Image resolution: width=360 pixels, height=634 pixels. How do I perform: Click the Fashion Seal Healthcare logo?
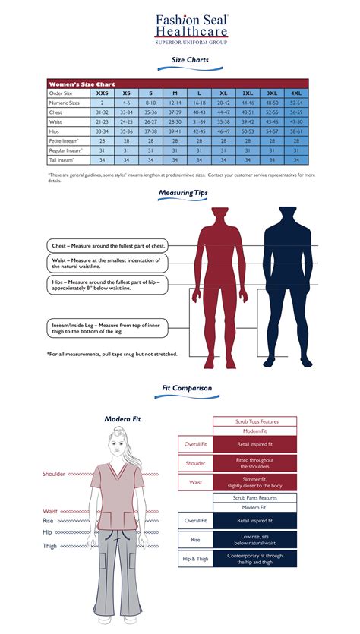click(x=191, y=29)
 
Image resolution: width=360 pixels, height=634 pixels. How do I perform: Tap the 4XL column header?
click(x=295, y=93)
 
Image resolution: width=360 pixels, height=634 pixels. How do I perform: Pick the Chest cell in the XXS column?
click(x=102, y=111)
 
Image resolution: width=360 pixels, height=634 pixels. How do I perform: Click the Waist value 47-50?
click(x=295, y=121)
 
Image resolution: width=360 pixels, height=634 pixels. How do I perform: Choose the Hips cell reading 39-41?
click(x=175, y=131)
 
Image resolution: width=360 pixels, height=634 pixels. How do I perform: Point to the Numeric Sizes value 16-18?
click(x=199, y=102)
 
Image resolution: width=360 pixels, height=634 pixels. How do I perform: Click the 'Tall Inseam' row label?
click(x=62, y=159)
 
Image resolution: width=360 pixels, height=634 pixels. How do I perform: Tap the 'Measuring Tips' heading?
click(x=182, y=193)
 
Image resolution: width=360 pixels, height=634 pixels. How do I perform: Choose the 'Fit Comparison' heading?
click(x=187, y=388)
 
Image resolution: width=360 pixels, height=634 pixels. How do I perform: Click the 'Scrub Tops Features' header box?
click(x=254, y=421)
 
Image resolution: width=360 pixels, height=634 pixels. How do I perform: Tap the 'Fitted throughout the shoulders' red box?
click(x=254, y=463)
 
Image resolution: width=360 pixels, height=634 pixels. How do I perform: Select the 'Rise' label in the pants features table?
click(x=195, y=540)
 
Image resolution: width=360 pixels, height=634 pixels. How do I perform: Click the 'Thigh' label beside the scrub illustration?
click(x=49, y=546)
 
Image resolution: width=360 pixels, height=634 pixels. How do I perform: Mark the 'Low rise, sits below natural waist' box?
click(x=254, y=540)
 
